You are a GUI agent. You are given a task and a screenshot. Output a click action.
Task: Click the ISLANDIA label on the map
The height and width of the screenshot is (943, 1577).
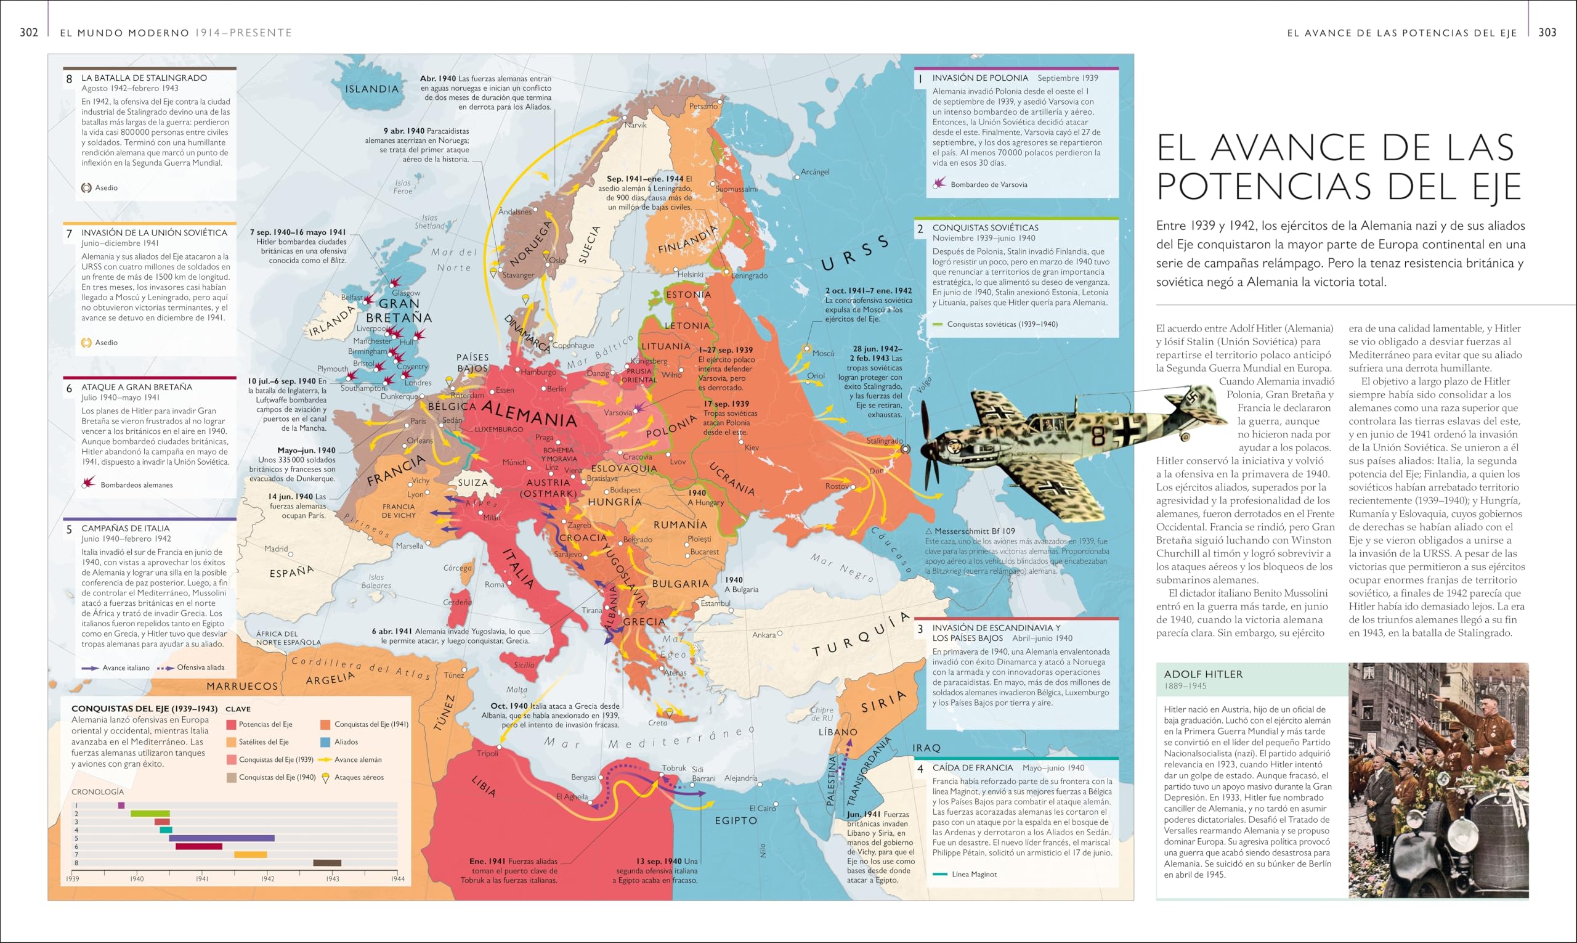click(371, 89)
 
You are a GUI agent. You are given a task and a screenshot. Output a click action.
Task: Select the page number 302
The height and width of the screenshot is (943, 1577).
click(29, 33)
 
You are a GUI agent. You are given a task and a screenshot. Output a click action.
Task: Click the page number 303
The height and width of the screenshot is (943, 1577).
click(1547, 33)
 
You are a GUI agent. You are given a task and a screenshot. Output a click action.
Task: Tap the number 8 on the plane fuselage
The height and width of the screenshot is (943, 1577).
click(1098, 435)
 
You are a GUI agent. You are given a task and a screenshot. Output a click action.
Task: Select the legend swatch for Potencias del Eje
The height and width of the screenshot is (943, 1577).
click(231, 724)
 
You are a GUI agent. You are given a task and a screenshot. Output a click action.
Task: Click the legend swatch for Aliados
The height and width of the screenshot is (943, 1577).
click(325, 742)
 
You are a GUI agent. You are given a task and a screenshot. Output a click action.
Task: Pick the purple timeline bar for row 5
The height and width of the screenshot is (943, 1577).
click(222, 838)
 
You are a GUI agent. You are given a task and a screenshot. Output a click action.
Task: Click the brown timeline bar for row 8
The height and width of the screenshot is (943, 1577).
click(327, 863)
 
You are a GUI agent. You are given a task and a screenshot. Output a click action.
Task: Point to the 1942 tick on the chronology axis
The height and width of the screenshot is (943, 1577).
click(267, 879)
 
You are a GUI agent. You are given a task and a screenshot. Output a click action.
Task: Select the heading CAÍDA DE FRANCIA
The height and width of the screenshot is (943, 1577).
click(972, 767)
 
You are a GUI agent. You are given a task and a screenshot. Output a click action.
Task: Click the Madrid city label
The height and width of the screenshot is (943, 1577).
click(276, 549)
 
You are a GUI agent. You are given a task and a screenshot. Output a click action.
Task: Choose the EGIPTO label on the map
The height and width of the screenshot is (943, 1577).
click(736, 820)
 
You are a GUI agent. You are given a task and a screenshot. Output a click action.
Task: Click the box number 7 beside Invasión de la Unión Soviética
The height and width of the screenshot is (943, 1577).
click(69, 234)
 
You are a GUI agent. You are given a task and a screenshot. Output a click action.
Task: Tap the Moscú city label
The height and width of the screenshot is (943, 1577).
click(823, 353)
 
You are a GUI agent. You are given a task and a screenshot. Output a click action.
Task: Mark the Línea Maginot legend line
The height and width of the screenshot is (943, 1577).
click(939, 875)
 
